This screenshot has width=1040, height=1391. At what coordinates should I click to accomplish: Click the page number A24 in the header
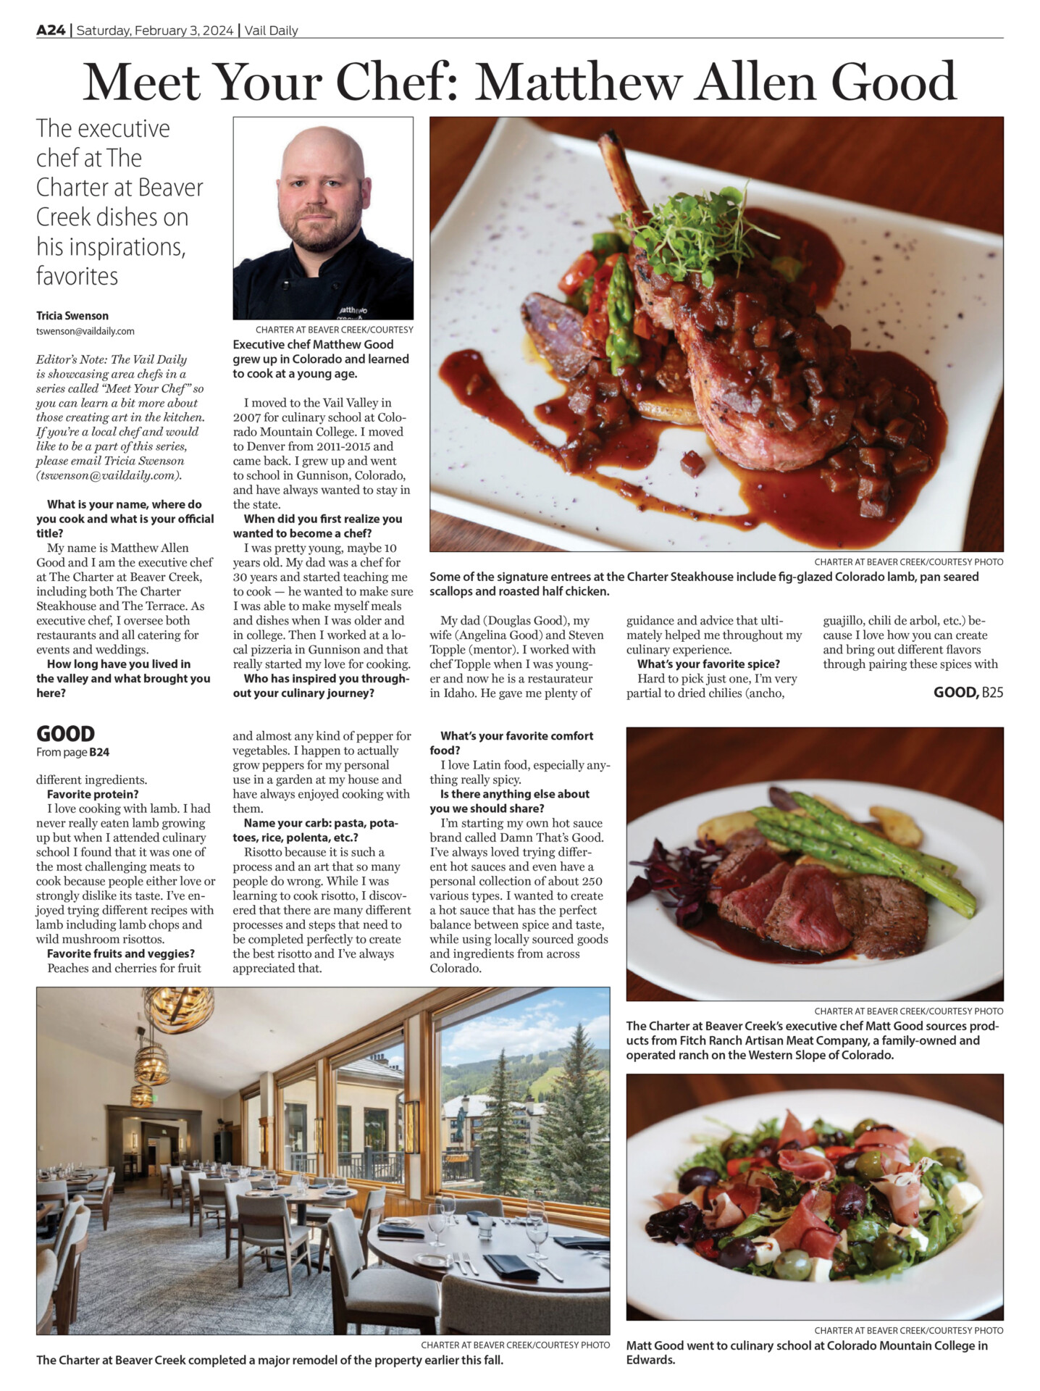[51, 30]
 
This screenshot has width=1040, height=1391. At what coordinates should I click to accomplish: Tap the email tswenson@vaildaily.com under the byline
[85, 331]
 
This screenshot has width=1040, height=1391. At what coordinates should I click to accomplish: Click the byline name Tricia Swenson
[72, 316]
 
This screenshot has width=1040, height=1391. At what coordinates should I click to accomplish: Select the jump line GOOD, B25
[968, 693]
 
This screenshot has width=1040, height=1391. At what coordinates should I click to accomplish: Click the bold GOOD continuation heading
[65, 734]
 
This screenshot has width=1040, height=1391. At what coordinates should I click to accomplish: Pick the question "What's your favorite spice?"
[708, 664]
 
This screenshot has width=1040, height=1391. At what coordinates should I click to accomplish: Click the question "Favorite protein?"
[93, 794]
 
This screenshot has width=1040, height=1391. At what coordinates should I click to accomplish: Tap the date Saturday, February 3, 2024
[155, 30]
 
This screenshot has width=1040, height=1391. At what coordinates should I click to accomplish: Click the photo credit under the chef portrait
[334, 330]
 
